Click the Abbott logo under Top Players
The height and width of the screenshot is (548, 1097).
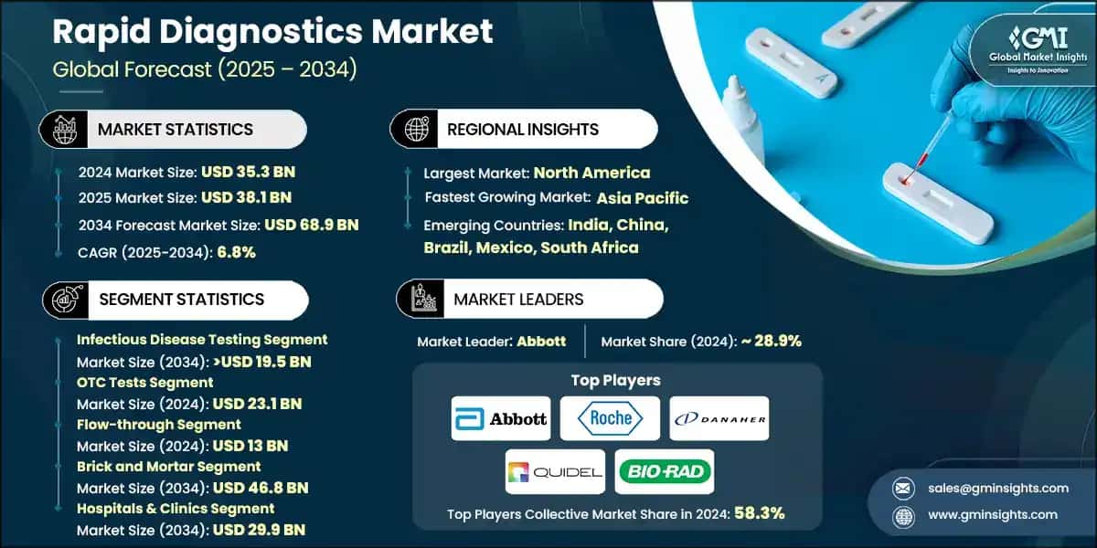[x=501, y=418]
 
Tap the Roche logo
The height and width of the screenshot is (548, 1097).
[x=610, y=418]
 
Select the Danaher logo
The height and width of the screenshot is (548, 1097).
[x=719, y=418]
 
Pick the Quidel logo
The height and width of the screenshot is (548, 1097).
[x=555, y=471]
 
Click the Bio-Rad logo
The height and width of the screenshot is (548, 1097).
[x=665, y=471]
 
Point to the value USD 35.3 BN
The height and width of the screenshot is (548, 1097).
[x=248, y=171]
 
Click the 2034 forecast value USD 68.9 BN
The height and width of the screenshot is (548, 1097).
[x=312, y=224]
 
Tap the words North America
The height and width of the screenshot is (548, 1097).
[x=591, y=172]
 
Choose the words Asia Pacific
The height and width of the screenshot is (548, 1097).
[x=643, y=197]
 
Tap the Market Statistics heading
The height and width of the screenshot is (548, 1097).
[x=176, y=129]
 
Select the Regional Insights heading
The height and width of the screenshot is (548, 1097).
[x=523, y=129]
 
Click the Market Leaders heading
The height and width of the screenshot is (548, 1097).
[x=518, y=299]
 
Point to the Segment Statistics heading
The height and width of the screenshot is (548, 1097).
[x=181, y=299]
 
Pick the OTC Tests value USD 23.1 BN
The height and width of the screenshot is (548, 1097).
[x=257, y=403]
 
